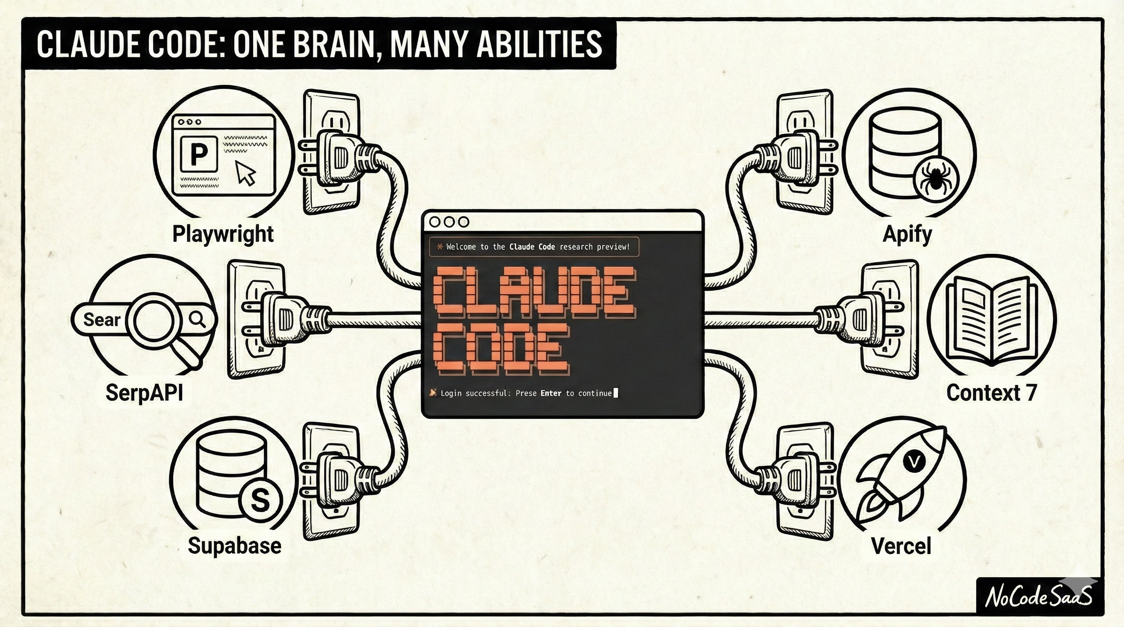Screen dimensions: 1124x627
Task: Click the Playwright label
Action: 223,234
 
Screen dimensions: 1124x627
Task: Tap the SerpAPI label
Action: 144,393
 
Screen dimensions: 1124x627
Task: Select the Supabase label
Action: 234,545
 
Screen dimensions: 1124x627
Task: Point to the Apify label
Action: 907,234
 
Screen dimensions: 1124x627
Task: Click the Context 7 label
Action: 991,393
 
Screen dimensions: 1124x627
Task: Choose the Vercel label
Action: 901,545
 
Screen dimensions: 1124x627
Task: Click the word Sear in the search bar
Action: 101,320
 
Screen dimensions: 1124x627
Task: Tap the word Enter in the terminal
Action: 551,393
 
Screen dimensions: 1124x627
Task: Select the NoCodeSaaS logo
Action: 1039,596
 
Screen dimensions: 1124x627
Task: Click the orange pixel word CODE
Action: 502,350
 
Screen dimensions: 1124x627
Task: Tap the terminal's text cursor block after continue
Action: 616,393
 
